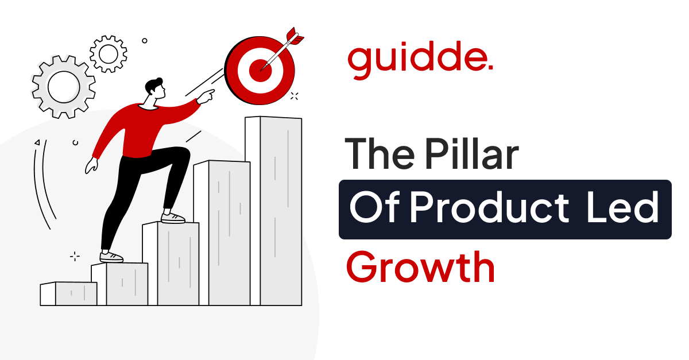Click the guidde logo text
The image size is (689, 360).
tap(416, 59)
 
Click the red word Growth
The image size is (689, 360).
tap(420, 268)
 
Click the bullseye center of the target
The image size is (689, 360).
tap(260, 70)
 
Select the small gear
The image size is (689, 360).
tap(108, 53)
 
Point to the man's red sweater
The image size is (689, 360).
tap(132, 129)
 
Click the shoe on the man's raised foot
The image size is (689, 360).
tap(173, 218)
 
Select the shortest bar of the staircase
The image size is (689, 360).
tap(68, 293)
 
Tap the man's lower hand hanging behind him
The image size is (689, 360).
tap(91, 166)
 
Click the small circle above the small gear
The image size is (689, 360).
tap(145, 41)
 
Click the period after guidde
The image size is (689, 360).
tap(490, 68)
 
